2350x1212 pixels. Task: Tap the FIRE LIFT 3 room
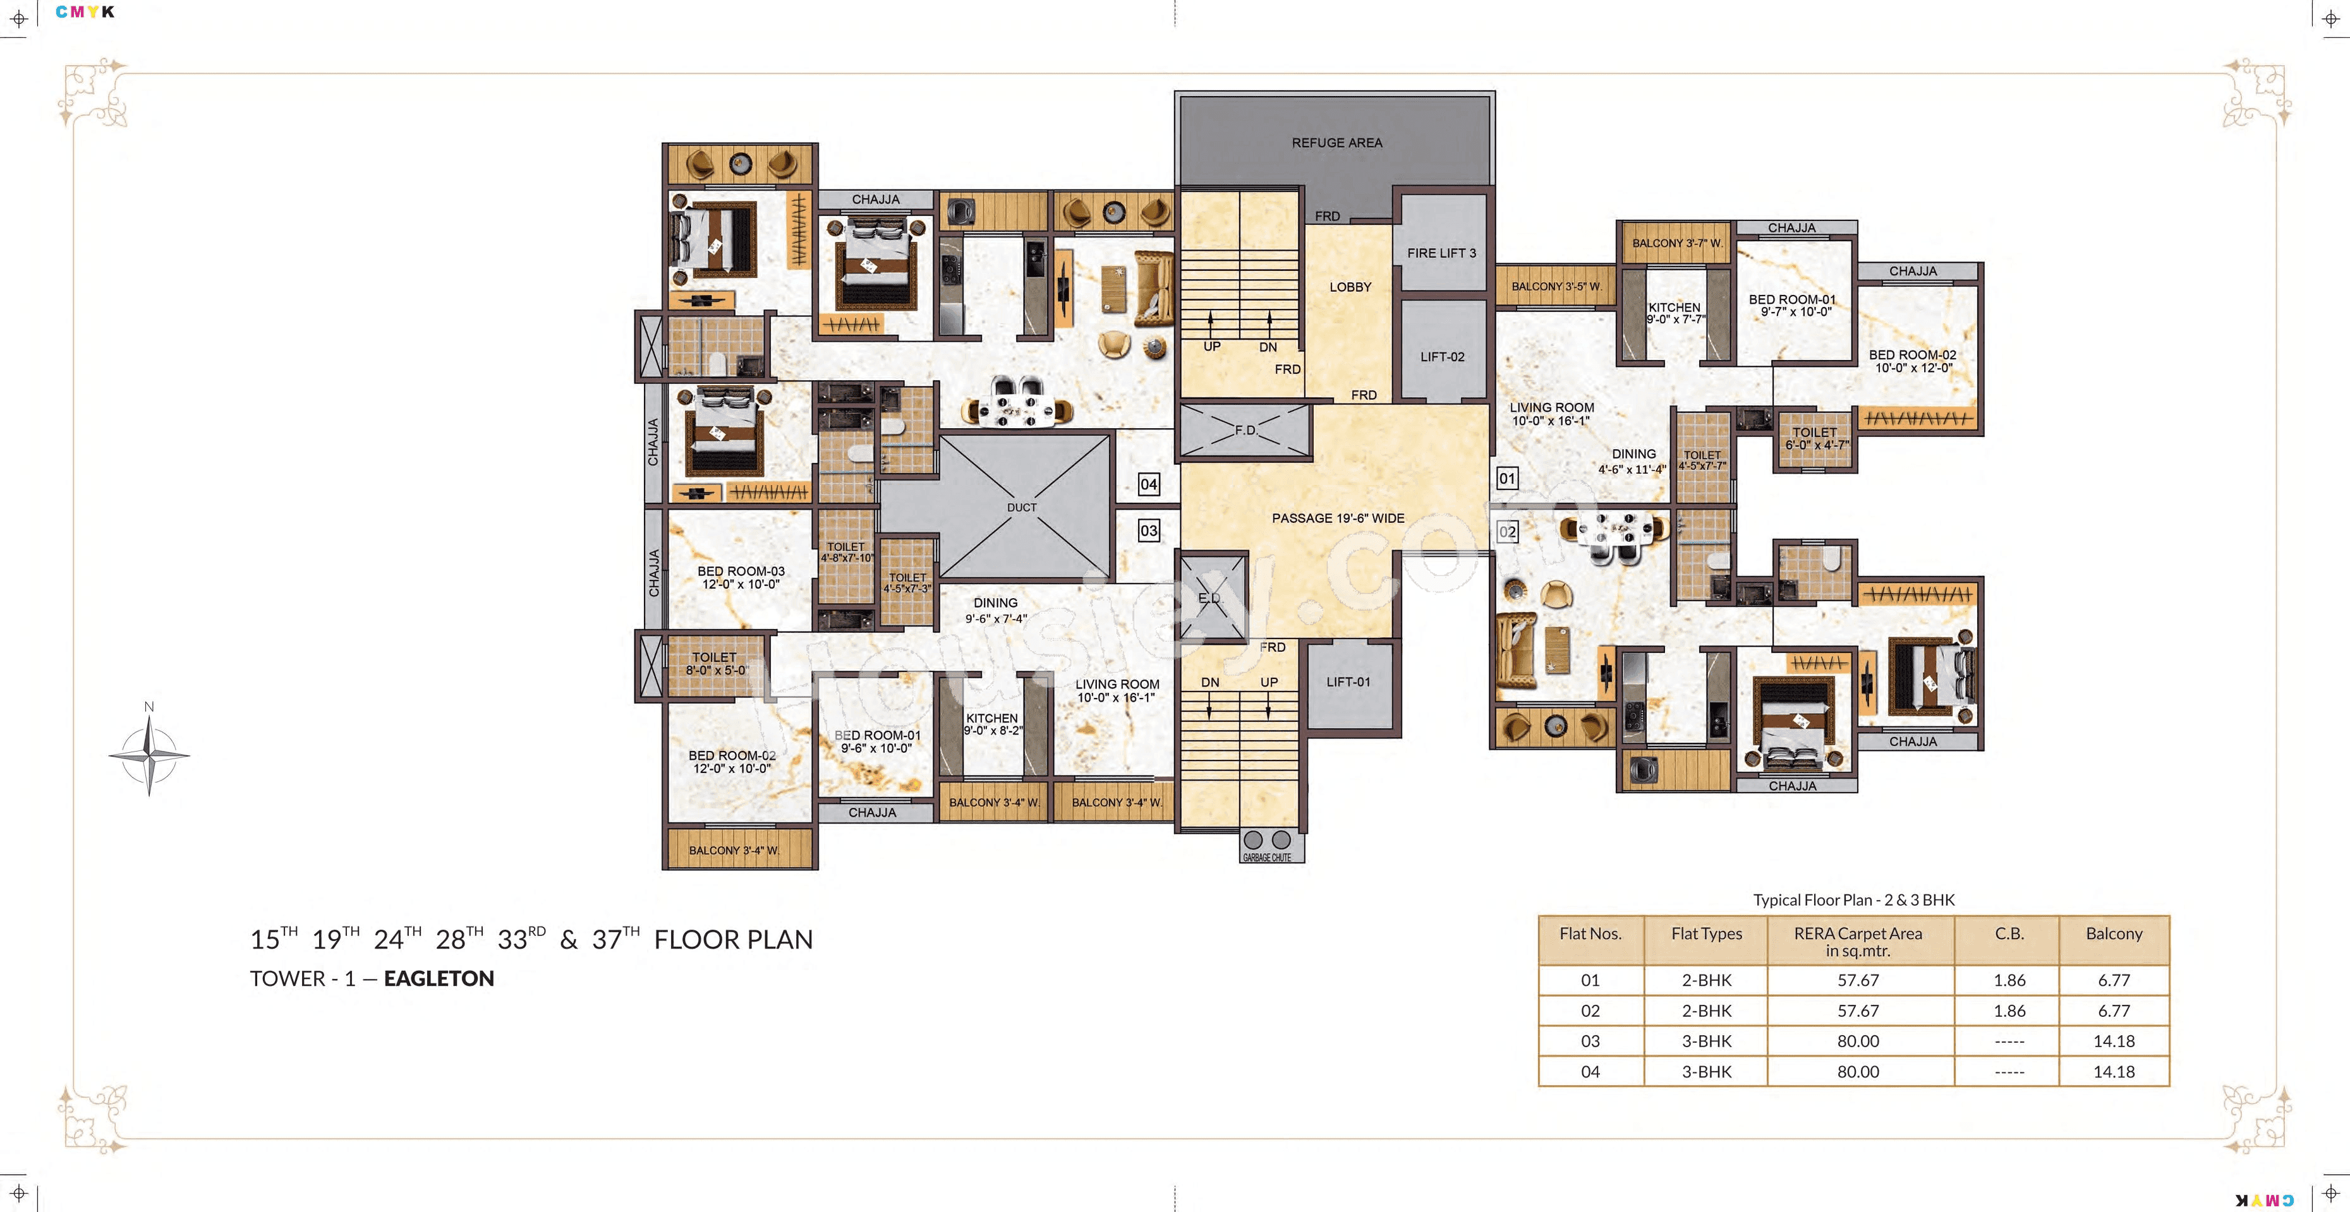(x=1441, y=253)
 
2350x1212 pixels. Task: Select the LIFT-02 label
(x=1441, y=357)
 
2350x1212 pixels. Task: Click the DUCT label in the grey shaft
(x=1022, y=507)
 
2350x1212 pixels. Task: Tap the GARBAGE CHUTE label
(x=1267, y=857)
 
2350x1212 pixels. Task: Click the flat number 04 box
(x=1149, y=484)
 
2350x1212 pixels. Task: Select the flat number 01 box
(x=1507, y=478)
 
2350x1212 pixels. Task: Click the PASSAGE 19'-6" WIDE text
(x=1337, y=518)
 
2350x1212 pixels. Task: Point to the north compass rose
(x=148, y=754)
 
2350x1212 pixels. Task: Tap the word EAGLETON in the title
(x=439, y=978)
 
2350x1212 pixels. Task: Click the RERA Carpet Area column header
(x=1857, y=941)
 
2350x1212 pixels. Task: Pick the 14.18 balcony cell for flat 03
(x=2113, y=1041)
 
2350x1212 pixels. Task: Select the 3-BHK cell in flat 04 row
(x=1706, y=1072)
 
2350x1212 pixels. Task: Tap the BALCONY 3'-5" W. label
(x=1556, y=286)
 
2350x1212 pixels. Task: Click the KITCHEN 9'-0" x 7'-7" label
(x=1675, y=313)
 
